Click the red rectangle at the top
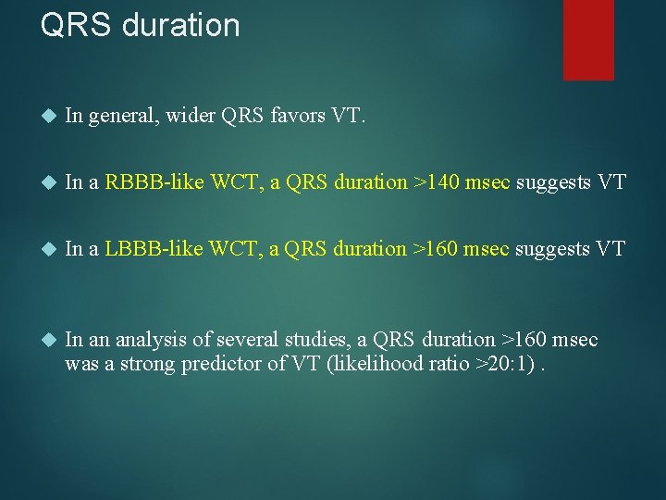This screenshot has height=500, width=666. [x=588, y=39]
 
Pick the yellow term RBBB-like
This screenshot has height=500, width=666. [x=154, y=182]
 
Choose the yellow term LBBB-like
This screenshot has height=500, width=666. [x=154, y=249]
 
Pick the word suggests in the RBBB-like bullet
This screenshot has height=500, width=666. [x=553, y=182]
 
